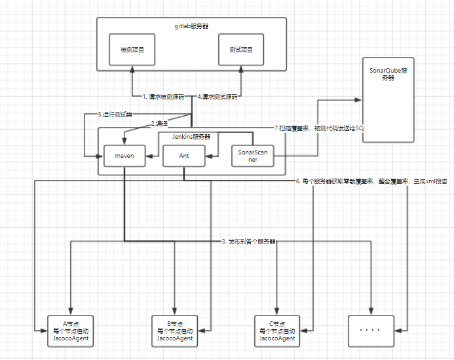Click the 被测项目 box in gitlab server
(x=133, y=49)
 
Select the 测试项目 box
(x=241, y=49)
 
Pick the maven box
(x=124, y=156)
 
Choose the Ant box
(x=184, y=156)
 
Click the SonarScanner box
(x=253, y=156)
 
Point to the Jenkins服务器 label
(x=191, y=137)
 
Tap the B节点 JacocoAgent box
(x=175, y=331)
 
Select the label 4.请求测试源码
(x=218, y=97)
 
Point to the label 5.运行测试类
(x=115, y=115)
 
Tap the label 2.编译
(x=159, y=123)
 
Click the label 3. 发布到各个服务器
(x=248, y=242)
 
